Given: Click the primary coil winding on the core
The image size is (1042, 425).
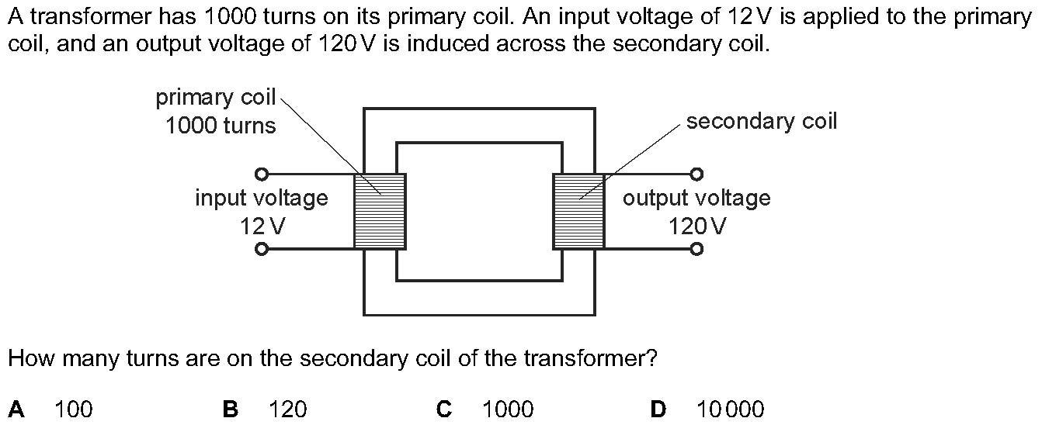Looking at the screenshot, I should [380, 211].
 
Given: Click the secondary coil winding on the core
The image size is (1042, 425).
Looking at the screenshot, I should [578, 211].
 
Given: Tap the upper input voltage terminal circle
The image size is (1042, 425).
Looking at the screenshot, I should [262, 174].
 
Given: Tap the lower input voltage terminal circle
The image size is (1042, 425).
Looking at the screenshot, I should [262, 249].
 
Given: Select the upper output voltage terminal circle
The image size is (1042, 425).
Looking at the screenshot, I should [697, 174].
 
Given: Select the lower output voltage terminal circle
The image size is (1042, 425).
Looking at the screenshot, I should [697, 249].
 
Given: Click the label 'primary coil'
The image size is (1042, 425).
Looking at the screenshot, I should [216, 98].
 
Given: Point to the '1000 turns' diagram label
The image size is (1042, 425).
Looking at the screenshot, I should [221, 126].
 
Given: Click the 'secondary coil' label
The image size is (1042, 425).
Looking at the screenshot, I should [762, 122].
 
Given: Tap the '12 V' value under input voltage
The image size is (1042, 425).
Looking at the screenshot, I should [262, 226].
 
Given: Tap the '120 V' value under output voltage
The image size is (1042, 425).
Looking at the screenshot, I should [697, 226].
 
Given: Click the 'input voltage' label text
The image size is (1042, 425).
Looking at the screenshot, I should [262, 199].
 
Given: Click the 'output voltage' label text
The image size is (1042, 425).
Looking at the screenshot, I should [696, 199].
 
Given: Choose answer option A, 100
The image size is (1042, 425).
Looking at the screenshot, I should [73, 409].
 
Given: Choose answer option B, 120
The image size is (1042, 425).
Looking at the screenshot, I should [288, 409].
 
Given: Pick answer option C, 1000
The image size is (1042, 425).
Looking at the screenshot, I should [508, 409].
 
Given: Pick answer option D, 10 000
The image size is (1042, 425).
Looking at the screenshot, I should [730, 409].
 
